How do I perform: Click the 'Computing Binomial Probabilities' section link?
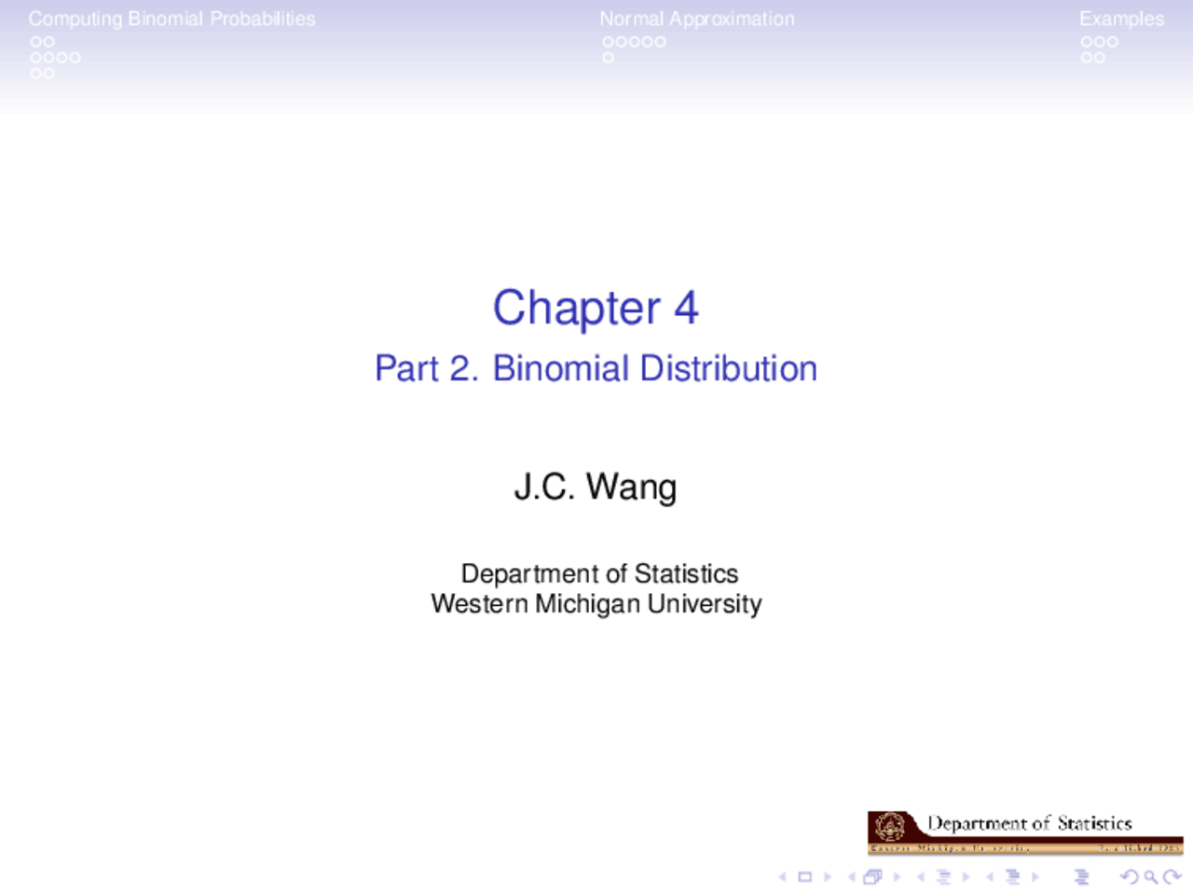(171, 19)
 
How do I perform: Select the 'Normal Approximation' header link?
(696, 19)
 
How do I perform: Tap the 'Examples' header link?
(1121, 19)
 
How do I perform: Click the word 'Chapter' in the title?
(576, 309)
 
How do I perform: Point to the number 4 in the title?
(686, 308)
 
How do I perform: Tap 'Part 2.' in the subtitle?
(426, 368)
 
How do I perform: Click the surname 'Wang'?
(631, 487)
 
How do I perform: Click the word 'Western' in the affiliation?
(479, 604)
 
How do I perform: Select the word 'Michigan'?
(588, 604)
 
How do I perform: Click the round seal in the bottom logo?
(890, 825)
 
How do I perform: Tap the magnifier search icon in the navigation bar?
(1150, 876)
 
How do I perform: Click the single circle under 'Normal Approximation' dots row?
(608, 58)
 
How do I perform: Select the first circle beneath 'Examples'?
(1087, 42)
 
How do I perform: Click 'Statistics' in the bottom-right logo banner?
(1094, 823)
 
